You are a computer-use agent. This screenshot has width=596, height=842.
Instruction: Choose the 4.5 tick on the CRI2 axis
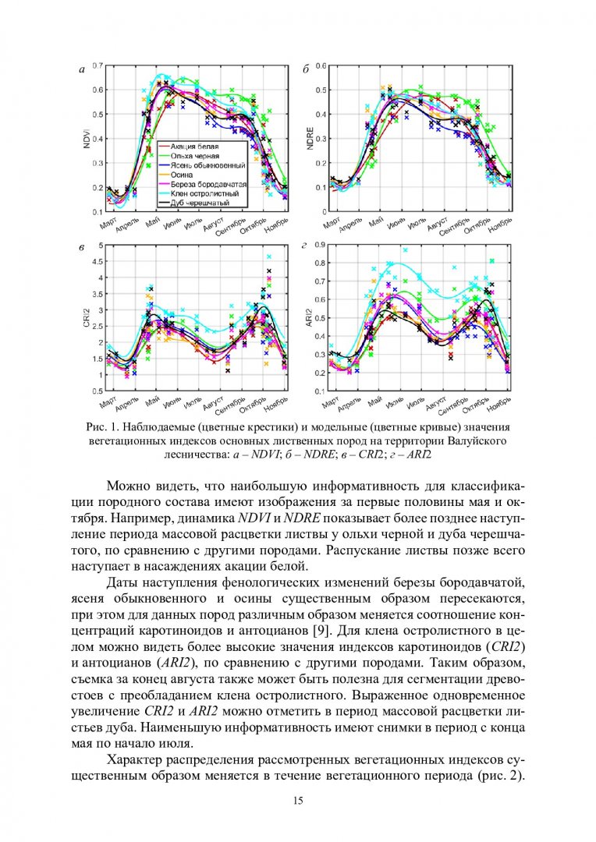pos(98,261)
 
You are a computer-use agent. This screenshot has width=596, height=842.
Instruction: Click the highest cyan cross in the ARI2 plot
pos(405,250)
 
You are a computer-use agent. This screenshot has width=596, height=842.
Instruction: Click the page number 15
pos(298,801)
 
